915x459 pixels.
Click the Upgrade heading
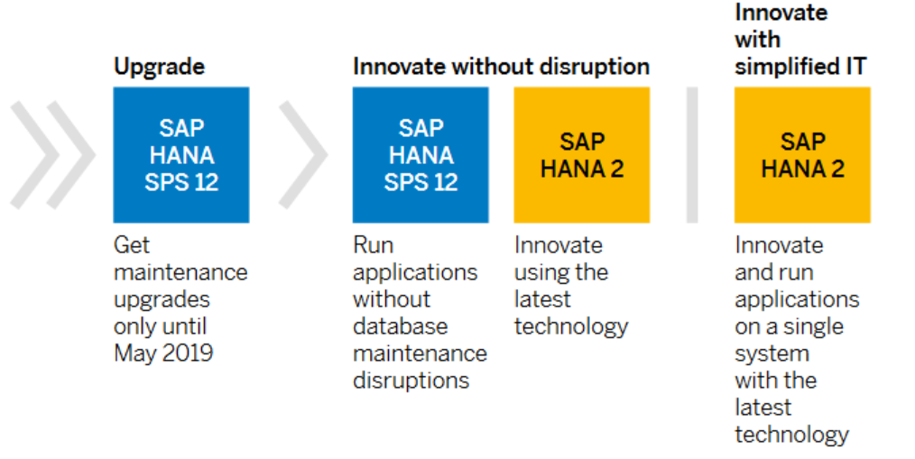pos(159,67)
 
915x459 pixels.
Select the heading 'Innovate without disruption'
pos(501,67)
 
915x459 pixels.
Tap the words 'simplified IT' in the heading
pos(800,67)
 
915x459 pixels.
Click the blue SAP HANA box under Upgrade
pos(180,154)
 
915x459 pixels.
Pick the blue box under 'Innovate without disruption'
pos(420,154)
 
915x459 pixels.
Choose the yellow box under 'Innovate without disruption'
pos(581,154)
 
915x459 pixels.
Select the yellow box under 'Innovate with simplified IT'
pos(802,154)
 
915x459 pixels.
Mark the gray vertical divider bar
pos(692,154)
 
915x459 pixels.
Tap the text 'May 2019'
pos(163,353)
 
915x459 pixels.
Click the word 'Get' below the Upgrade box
pos(132,245)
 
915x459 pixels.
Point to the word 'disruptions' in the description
pos(411,381)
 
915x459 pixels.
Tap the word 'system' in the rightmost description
pos(772,353)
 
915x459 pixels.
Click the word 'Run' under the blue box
pos(373,245)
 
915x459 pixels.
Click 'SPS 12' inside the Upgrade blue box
pos(181,182)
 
